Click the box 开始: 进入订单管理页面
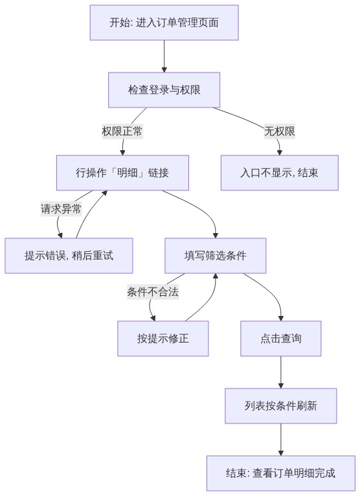tap(164, 23)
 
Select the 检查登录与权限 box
tap(164, 90)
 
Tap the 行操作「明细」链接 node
tap(122, 173)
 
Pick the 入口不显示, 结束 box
tap(279, 173)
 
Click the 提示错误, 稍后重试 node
tap(69, 256)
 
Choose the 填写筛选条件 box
tap(216, 256)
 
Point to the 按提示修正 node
tap(163, 339)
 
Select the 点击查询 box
tap(281, 339)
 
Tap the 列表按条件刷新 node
tap(281, 406)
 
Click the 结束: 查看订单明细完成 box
tap(281, 473)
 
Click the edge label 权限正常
tap(122, 131)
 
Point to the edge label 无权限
tap(280, 131)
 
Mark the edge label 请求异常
tap(61, 209)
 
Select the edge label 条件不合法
tap(153, 291)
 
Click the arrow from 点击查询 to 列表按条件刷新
tap(281, 372)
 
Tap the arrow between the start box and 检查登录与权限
tap(164, 56)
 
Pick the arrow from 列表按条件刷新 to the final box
tap(281, 440)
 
